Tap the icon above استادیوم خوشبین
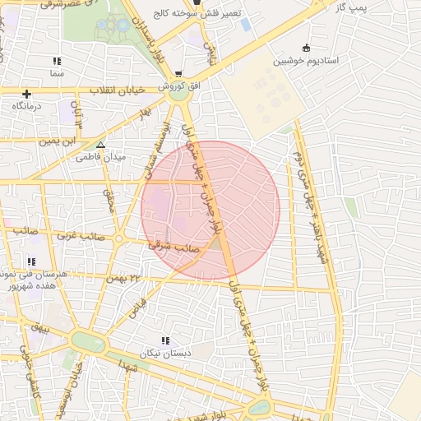coord(307,48)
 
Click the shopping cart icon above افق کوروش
coord(178,73)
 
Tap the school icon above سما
coord(56,62)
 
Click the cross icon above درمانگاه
coord(27,94)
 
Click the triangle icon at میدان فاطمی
coord(100,145)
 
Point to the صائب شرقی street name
coord(170,245)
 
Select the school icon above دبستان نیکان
coord(165,340)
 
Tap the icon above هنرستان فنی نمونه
coord(31,261)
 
